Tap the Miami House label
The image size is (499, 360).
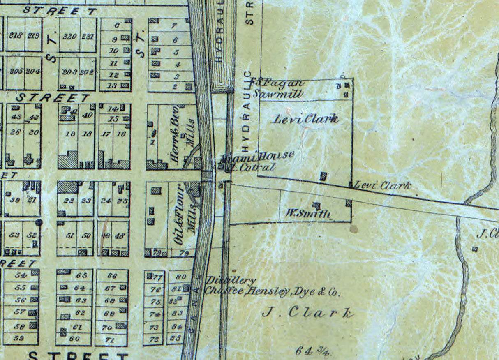258,156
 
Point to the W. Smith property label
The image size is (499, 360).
308,213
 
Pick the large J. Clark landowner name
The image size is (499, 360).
308,313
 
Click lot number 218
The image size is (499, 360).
15,35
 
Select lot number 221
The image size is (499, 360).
88,36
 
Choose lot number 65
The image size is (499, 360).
81,275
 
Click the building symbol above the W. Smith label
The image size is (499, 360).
316,205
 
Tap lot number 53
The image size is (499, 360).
14,235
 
